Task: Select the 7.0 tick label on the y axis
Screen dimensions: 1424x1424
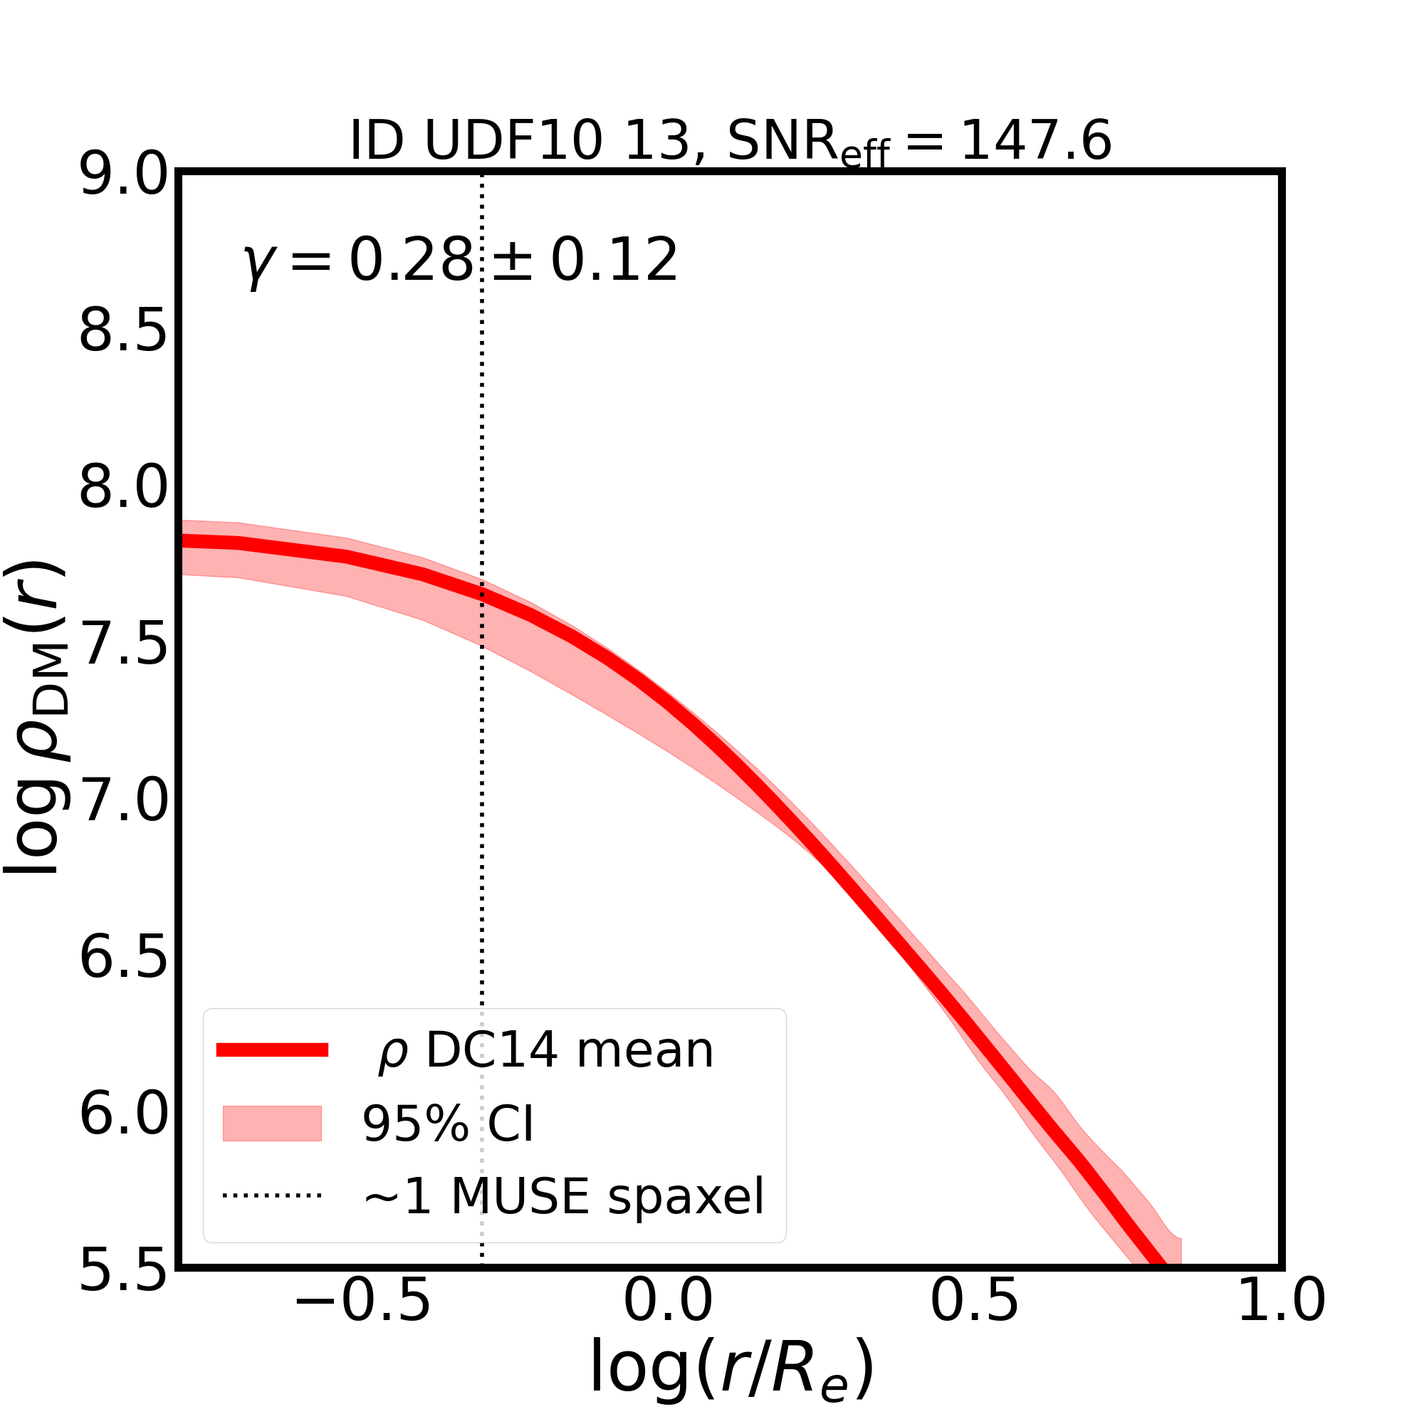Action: pos(123,800)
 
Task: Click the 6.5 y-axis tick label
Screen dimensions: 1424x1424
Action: pos(123,958)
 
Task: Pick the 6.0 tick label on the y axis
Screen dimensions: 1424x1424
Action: pos(123,1114)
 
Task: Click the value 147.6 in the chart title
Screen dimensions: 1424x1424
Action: pos(1035,141)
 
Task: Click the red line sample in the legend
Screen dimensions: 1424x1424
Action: pos(272,1050)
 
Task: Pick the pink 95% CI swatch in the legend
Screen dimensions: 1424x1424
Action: pos(272,1124)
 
